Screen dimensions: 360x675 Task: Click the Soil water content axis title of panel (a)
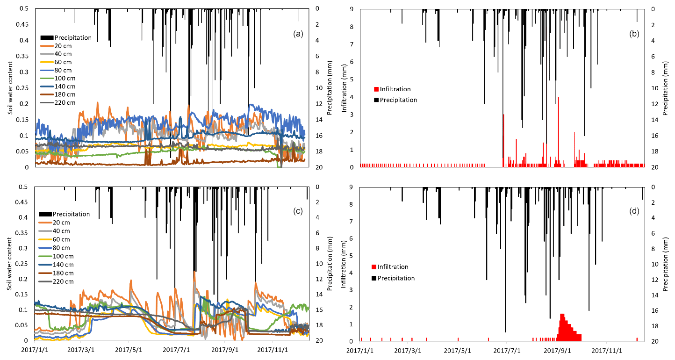point(10,88)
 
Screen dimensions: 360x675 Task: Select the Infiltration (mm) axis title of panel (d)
point(345,264)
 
